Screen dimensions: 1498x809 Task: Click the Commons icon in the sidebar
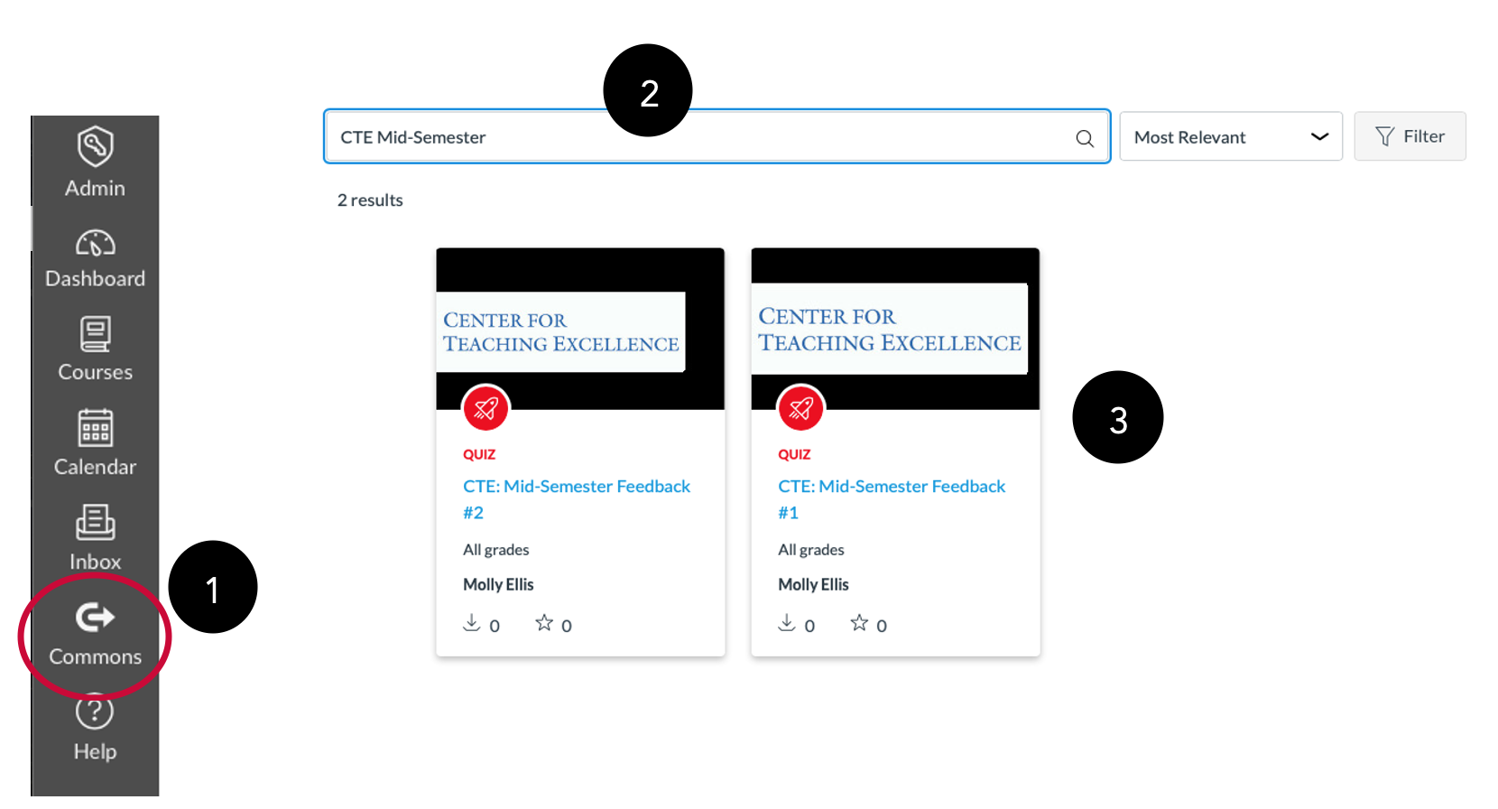click(94, 617)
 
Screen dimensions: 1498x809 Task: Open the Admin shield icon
click(95, 146)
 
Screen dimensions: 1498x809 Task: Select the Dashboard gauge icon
click(95, 243)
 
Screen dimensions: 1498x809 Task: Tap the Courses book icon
click(95, 334)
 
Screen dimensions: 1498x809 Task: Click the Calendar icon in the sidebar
click(95, 428)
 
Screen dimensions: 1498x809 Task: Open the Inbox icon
click(95, 522)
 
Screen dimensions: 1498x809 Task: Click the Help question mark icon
click(94, 711)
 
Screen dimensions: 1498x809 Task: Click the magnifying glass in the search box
click(1085, 138)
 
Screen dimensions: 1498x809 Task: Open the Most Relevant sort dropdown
click(1231, 136)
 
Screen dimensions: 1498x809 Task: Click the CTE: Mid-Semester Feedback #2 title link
click(577, 499)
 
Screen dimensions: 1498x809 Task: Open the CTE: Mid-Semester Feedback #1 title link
click(892, 499)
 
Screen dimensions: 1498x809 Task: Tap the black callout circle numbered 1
click(213, 588)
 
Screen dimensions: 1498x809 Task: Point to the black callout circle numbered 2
click(648, 91)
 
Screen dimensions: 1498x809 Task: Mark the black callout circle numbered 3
click(1118, 417)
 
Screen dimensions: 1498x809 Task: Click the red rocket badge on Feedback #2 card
click(486, 408)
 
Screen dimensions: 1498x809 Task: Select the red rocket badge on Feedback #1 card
click(801, 408)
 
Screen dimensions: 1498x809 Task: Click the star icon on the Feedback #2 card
click(544, 623)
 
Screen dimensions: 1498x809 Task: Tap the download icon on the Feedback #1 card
click(787, 623)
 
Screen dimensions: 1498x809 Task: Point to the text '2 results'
click(370, 200)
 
